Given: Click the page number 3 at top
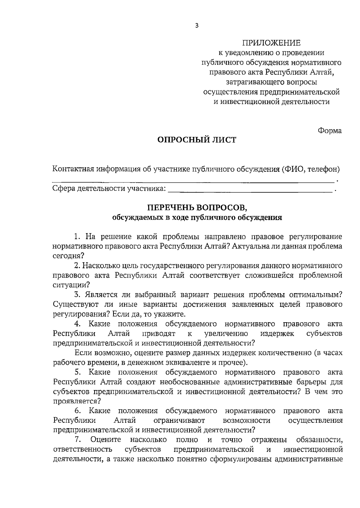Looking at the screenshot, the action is pyautogui.click(x=197, y=26).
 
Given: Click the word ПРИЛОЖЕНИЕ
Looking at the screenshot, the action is pyautogui.click(x=271, y=43).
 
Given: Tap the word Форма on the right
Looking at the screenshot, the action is pyautogui.click(x=329, y=131).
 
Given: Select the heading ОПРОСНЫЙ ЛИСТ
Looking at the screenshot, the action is pyautogui.click(x=197, y=140).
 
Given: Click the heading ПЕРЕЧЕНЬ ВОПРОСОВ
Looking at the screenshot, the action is pyautogui.click(x=197, y=208).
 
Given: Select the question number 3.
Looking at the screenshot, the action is pyautogui.click(x=77, y=295).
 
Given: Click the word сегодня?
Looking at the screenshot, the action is pyautogui.click(x=68, y=256).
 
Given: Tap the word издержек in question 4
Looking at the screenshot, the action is pyautogui.click(x=277, y=334).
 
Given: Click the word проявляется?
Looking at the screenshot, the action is pyautogui.click(x=77, y=401).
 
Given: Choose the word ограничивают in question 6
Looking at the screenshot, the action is pyautogui.click(x=179, y=420).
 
